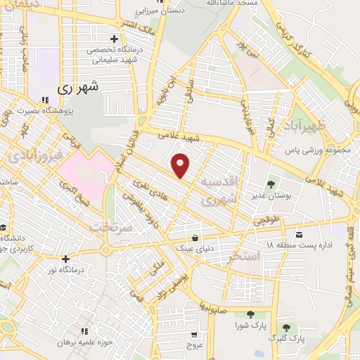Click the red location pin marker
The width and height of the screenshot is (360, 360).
pos(181,165)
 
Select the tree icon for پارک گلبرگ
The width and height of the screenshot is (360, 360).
pos(286,327)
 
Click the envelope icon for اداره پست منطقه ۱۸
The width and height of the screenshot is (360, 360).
pos(300,233)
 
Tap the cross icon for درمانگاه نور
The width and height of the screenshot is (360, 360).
pos(65,259)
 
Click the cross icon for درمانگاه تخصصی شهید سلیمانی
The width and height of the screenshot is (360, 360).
pos(114,39)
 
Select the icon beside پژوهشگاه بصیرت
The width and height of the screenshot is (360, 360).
pos(46,100)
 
